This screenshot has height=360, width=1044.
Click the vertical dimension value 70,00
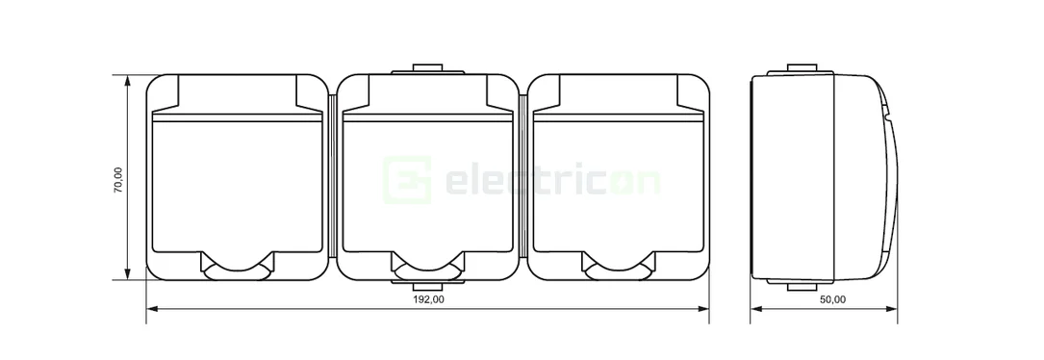pos(117,180)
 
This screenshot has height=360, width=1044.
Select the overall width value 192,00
pos(429,299)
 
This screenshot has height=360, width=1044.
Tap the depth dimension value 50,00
pos(832,299)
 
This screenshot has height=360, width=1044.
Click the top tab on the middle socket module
pos(428,69)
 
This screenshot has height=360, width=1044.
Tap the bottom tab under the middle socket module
pos(428,285)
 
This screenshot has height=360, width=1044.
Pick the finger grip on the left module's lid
pos(238,266)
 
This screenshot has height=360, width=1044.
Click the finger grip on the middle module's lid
pos(428,266)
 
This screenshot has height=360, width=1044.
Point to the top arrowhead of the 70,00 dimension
pos(127,80)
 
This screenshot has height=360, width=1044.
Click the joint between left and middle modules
pos(333,178)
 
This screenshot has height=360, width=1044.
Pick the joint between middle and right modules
pos(524,178)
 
